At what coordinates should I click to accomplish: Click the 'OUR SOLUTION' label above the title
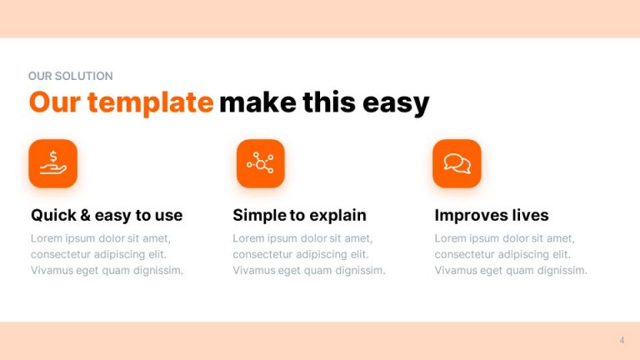point(70,76)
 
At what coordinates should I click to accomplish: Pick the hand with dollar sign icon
point(52,162)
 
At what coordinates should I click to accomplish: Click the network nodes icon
point(260,162)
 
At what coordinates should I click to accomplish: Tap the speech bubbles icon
point(457,162)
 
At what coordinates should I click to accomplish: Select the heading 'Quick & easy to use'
point(107,215)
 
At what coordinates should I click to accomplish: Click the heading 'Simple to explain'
point(299,215)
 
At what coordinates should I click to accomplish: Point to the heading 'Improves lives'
point(492,215)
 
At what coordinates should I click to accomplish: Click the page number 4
point(622,340)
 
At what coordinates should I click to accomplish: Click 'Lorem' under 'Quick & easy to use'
point(47,238)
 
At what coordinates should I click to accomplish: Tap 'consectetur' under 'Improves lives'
point(468,254)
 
